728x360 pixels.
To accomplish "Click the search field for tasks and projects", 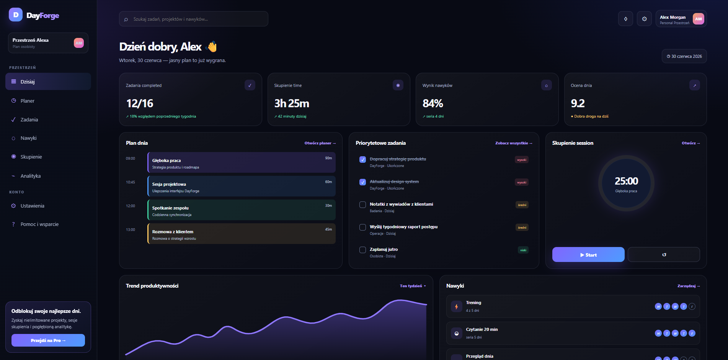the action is point(194,19).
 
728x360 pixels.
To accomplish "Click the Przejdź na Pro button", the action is point(48,340).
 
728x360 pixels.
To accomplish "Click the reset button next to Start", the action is point(664,255).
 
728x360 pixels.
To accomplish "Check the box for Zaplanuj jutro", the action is point(362,250).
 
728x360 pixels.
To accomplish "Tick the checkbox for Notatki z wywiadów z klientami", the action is point(362,205).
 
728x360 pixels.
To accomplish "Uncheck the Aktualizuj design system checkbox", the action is point(362,182).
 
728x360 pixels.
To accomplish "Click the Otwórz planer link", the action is point(320,143).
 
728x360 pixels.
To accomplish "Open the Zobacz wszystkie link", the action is point(514,143).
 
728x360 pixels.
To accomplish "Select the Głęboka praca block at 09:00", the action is point(242,162).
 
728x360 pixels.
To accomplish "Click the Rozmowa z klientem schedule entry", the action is point(242,234).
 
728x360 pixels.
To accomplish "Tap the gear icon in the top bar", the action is point(644,19).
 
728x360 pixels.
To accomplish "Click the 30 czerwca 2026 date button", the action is point(684,56).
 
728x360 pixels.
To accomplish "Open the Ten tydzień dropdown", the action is point(413,286).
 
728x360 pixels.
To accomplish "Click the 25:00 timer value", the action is point(626,181).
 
